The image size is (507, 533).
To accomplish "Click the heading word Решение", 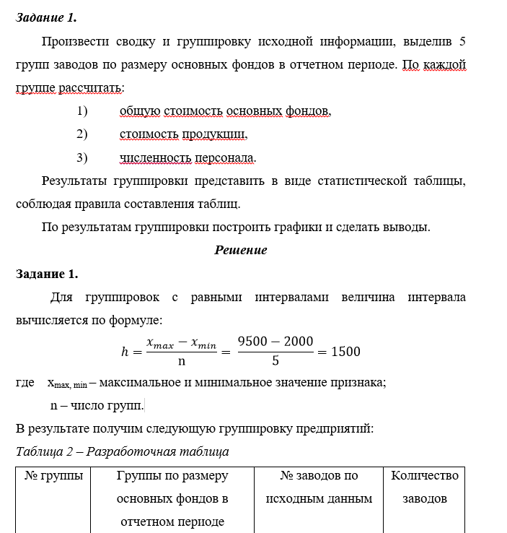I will pos(241,250).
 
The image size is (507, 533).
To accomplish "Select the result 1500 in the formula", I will pos(344,352).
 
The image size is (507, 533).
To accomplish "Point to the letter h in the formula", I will pos(124,352).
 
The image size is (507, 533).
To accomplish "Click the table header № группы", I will pos(53,476).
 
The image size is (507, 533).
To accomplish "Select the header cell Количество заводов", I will pos(425,487).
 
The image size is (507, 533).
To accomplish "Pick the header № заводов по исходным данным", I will pos(319,487).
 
